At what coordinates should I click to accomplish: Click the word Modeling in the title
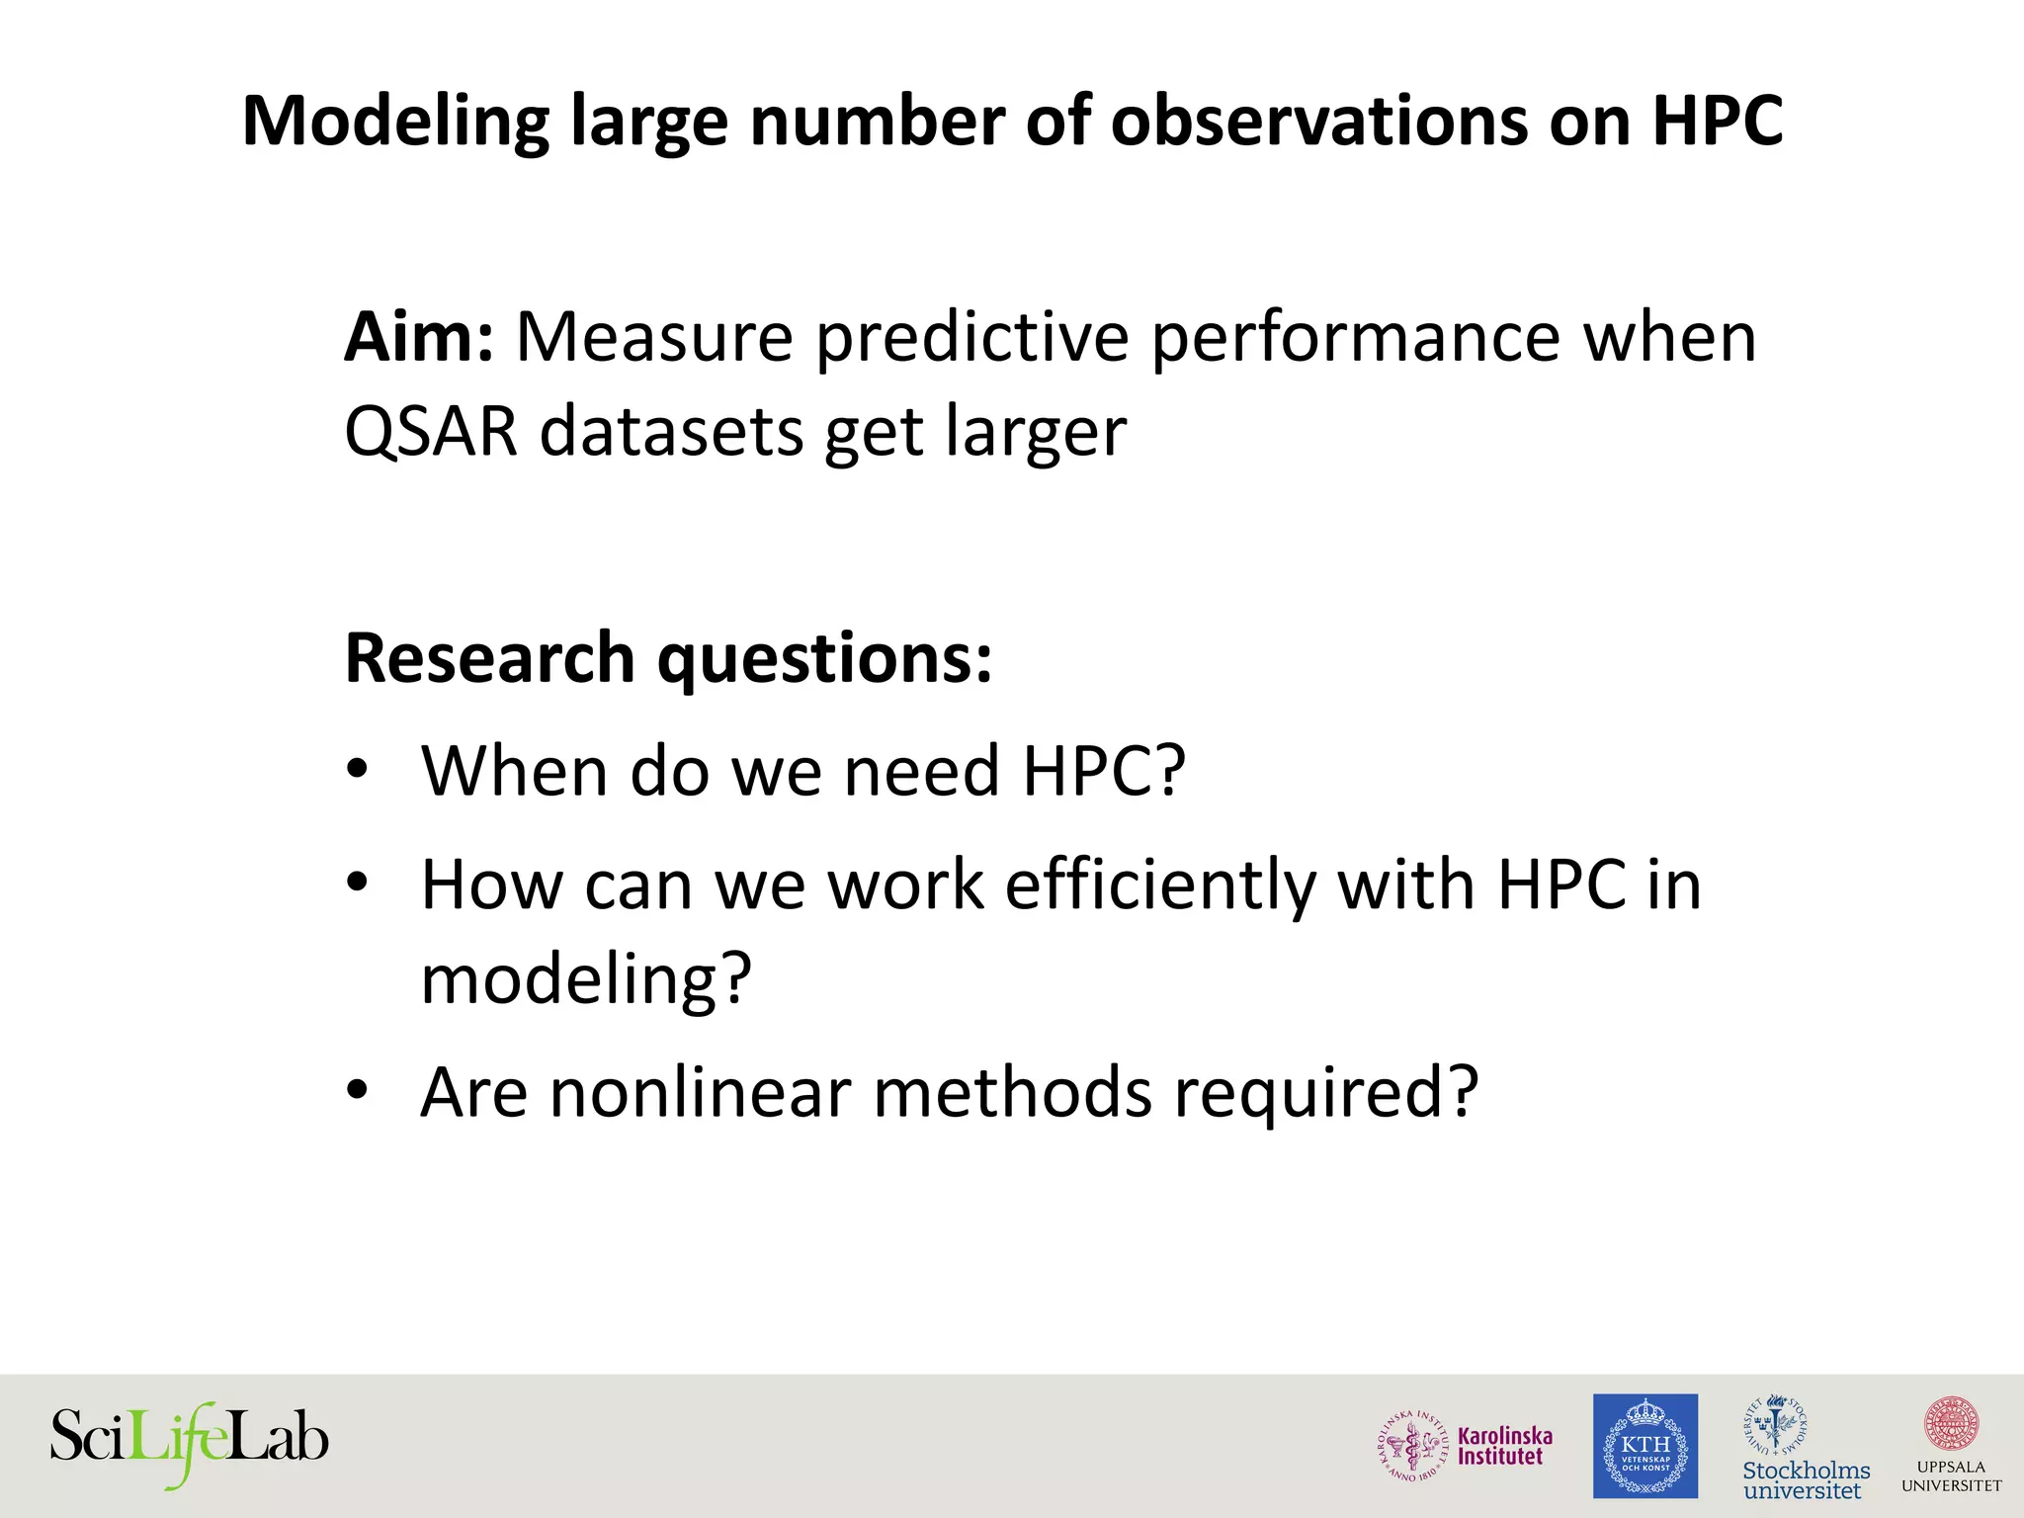[393, 123]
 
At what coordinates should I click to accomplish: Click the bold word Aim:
[418, 338]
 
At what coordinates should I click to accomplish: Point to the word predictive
[972, 338]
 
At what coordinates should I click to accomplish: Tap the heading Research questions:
[668, 658]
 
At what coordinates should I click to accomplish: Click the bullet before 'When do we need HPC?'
[358, 770]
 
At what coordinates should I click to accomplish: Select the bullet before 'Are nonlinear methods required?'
[358, 1092]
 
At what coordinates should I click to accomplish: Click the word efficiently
[1160, 885]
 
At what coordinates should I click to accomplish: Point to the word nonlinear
[700, 1093]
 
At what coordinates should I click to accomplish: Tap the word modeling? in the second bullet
[586, 979]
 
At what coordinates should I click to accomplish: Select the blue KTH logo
[1644, 1446]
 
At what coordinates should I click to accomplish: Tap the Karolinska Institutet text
[1504, 1446]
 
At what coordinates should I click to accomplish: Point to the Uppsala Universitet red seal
[1951, 1424]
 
